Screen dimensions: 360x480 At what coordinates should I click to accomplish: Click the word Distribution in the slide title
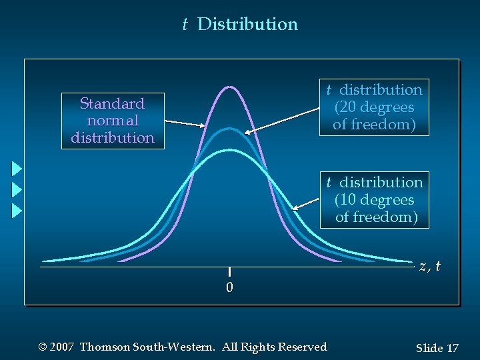[248, 25]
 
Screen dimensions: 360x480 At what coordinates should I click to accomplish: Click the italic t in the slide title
[185, 25]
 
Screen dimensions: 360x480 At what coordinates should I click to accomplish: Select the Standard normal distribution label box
[113, 121]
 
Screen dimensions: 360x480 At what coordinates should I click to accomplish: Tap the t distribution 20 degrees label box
[374, 107]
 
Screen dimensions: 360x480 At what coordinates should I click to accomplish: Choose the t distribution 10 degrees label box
[374, 200]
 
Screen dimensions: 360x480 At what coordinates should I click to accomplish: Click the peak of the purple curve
[229, 87]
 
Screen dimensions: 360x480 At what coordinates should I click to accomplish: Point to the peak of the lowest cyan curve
[229, 150]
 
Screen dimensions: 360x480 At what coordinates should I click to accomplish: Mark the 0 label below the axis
[229, 288]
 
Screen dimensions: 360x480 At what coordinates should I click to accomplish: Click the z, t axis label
[430, 266]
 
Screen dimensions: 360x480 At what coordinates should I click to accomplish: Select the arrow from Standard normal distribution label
[185, 123]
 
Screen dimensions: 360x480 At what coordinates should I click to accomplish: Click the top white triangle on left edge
[17, 168]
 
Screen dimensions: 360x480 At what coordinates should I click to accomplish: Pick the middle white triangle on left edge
[17, 189]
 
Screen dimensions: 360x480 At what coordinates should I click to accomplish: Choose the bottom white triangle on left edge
[17, 211]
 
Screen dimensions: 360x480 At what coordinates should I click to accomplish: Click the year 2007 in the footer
[61, 347]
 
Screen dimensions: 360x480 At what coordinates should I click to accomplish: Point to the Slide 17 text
[437, 348]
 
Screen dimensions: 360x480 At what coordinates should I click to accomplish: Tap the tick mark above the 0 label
[229, 271]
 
